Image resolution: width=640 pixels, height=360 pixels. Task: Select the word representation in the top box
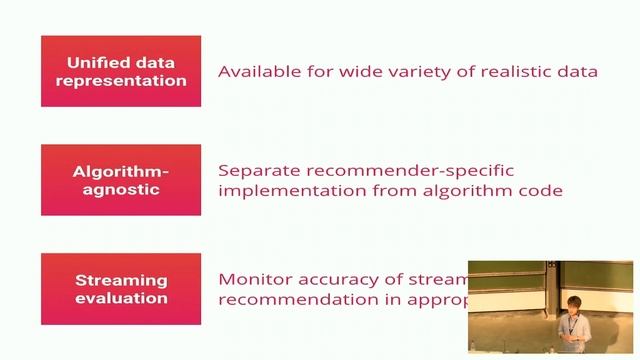[x=120, y=80]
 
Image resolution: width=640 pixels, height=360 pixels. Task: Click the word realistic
[x=510, y=71]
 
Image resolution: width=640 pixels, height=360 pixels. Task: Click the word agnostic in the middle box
[x=120, y=189]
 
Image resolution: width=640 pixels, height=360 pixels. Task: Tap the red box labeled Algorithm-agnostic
[x=120, y=180]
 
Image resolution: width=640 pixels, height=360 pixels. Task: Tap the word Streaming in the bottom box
[x=120, y=280]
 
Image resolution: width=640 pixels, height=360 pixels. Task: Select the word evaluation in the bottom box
[x=120, y=298]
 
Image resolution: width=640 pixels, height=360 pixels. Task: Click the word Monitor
[x=254, y=280]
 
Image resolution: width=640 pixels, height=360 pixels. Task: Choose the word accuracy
[x=340, y=280]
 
